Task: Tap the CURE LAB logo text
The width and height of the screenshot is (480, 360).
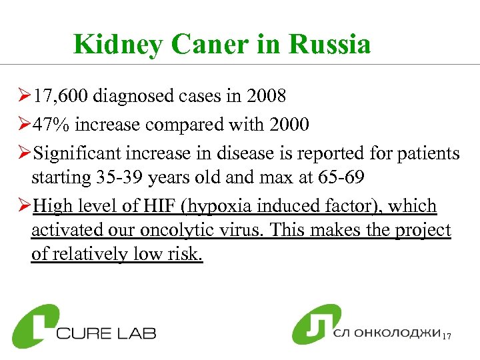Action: (107, 331)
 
